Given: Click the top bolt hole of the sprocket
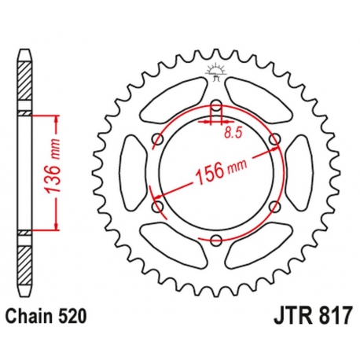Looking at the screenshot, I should [216, 106].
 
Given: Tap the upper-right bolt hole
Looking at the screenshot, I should [274, 140].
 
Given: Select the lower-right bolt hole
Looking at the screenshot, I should [274, 207].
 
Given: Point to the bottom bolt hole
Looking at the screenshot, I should [216, 241].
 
